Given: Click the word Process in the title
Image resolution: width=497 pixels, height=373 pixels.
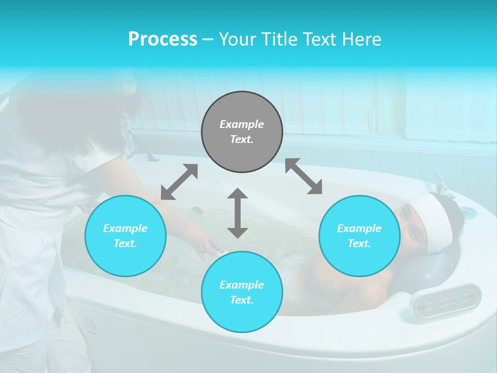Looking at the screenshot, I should pos(163,39).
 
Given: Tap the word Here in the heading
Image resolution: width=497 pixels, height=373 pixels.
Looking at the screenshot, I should pos(361,39).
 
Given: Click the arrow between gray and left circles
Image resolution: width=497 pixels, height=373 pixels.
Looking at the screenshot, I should pos(179,182).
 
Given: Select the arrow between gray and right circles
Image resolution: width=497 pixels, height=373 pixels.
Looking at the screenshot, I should pos(303,176).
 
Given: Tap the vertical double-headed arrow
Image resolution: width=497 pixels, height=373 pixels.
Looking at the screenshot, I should pos(238,213).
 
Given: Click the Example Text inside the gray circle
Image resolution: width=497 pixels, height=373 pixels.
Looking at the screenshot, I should pos(242,132).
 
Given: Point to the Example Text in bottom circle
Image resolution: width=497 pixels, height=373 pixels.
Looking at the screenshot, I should pos(242,292).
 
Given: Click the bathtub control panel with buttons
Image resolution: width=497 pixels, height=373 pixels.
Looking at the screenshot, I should pos(445,300).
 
